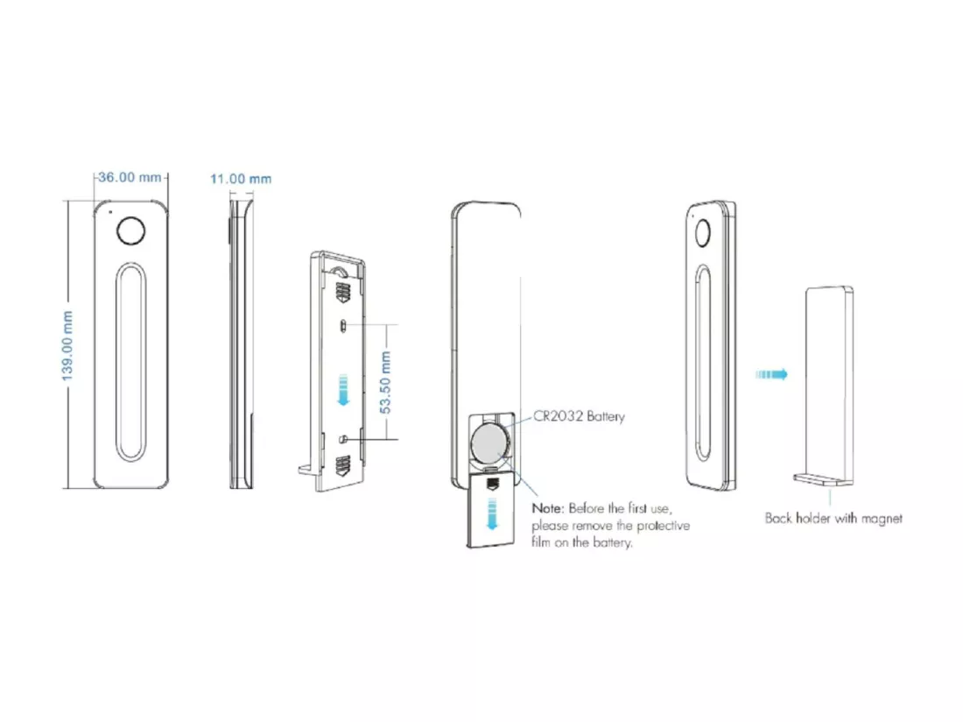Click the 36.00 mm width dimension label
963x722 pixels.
click(130, 177)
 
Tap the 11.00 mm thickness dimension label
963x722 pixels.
click(241, 179)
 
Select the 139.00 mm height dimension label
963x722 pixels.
click(67, 345)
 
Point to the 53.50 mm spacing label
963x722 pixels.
click(385, 381)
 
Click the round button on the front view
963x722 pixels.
click(130, 231)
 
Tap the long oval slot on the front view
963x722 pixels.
click(130, 363)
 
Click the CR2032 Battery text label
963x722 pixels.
click(579, 416)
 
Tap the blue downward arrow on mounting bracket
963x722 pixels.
click(343, 390)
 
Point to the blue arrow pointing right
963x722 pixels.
click(771, 374)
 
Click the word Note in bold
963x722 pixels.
click(546, 508)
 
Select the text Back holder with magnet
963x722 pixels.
click(833, 518)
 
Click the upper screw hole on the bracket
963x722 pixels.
click(344, 325)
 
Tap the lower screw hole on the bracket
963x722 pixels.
click(344, 439)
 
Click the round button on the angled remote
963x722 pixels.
click(703, 233)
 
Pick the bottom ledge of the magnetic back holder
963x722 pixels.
click(822, 479)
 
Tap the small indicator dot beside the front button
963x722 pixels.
click(110, 213)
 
